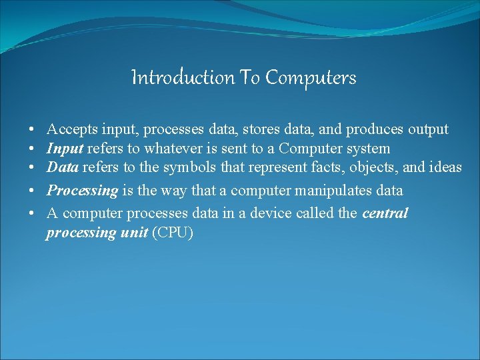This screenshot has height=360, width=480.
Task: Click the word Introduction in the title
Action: (x=182, y=78)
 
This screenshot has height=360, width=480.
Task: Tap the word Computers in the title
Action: (x=311, y=78)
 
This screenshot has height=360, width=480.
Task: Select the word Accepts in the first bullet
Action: (x=72, y=129)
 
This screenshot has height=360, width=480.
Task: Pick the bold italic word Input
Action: (x=65, y=148)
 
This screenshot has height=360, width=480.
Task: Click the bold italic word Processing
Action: (x=82, y=191)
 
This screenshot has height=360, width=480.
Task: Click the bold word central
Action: (x=385, y=214)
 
